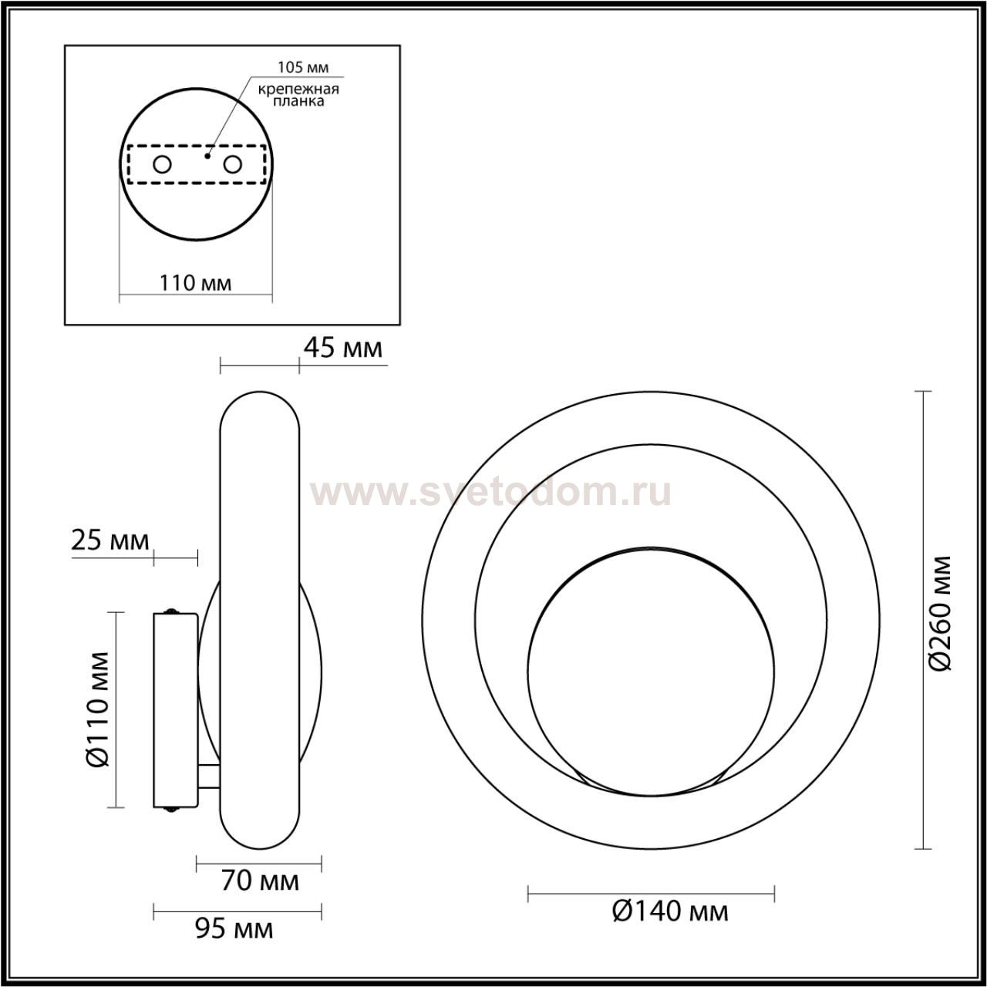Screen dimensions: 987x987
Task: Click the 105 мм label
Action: click(303, 67)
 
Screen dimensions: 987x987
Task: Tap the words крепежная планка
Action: click(298, 96)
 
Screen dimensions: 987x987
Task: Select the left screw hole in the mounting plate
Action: click(163, 165)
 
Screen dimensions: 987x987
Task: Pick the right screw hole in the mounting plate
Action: click(233, 165)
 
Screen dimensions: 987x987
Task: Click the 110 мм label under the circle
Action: click(196, 283)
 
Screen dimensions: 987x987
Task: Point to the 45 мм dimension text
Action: click(342, 349)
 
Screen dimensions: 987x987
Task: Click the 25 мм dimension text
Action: click(110, 541)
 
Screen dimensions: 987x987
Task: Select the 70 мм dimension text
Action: click(260, 881)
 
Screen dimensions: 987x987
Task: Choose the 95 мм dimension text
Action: click(234, 929)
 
